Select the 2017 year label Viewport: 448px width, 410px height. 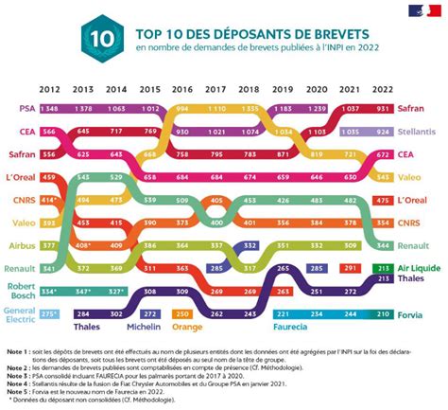pos(215,90)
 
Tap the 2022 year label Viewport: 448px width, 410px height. pos(383,90)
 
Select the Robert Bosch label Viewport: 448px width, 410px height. pos(21,290)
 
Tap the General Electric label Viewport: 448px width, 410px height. pos(20,313)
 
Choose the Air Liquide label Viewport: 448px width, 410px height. pos(422,269)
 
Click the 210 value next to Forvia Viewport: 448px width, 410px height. pos(383,313)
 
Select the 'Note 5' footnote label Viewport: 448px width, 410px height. pos(17,386)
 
